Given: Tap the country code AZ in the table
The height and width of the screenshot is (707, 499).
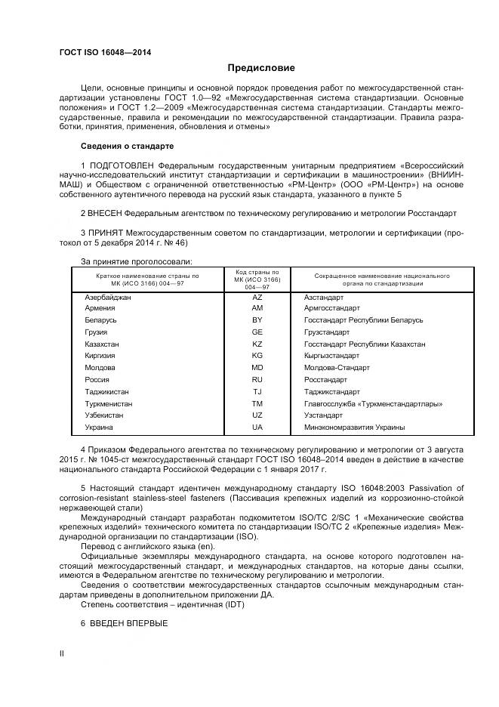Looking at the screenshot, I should pyautogui.click(x=257, y=297).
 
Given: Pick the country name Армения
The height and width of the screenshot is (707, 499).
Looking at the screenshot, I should pyautogui.click(x=100, y=308).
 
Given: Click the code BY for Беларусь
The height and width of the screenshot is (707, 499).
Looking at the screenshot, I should pyautogui.click(x=257, y=320).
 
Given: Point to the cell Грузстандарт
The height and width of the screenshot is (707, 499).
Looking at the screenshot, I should pyautogui.click(x=327, y=332).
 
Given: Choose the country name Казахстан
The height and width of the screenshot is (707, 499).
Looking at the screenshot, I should pyautogui.click(x=103, y=344).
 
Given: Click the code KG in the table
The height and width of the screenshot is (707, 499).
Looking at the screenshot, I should pyautogui.click(x=257, y=356).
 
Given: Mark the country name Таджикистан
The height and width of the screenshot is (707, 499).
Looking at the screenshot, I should pyautogui.click(x=107, y=391).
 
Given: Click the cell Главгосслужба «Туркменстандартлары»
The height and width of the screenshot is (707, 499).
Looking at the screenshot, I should pyautogui.click(x=373, y=403).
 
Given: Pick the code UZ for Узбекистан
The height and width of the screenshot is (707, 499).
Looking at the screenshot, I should pyautogui.click(x=257, y=415).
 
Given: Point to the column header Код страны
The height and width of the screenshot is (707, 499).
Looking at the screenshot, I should pyautogui.click(x=257, y=273).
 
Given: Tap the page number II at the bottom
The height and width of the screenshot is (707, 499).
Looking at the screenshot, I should pyautogui.click(x=63, y=654).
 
